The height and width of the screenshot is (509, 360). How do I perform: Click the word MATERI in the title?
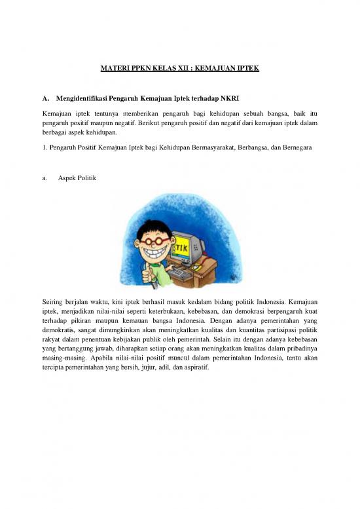(x=113, y=67)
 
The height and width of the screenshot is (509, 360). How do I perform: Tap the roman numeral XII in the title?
(x=176, y=67)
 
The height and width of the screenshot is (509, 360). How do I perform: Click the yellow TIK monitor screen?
(x=185, y=247)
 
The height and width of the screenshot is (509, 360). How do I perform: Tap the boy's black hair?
(x=152, y=226)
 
